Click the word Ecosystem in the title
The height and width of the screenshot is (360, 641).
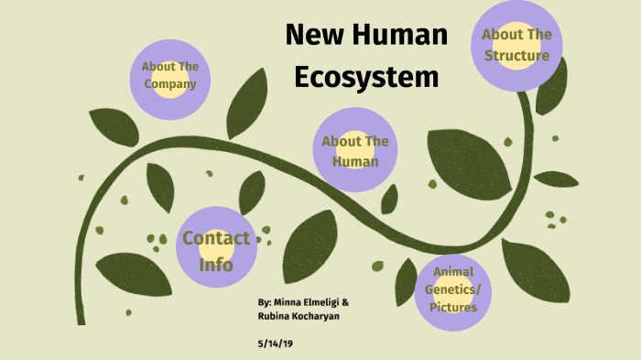[366, 78]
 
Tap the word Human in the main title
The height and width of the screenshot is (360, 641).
[403, 36]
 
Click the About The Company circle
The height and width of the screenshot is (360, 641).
[170, 76]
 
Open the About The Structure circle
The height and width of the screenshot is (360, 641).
[516, 46]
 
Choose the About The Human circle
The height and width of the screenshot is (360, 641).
[354, 151]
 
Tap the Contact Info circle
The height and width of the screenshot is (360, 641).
[215, 251]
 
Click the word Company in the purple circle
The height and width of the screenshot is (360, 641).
[170, 84]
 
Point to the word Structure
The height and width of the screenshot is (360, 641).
[516, 56]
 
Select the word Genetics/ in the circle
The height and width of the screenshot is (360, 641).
[455, 289]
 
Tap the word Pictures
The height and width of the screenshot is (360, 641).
[455, 307]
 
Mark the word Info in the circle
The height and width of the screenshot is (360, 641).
[215, 265]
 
